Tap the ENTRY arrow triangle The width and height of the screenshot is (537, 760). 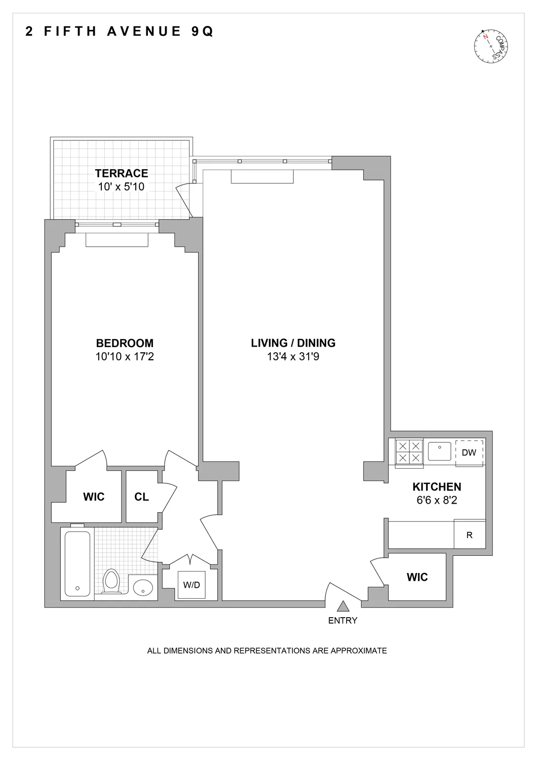[x=343, y=606]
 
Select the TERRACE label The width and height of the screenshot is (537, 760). [x=122, y=173]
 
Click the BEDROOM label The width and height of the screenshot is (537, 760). [x=125, y=343]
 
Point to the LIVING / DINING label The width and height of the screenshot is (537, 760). [x=293, y=343]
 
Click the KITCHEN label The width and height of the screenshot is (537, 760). [x=437, y=487]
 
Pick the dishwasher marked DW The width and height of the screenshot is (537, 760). [x=469, y=452]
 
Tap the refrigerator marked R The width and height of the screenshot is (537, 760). [x=470, y=535]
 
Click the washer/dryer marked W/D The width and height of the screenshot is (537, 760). [x=191, y=585]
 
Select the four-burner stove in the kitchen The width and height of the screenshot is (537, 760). [x=409, y=452]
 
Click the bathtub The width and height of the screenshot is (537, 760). [x=78, y=563]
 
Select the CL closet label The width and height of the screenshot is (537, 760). [x=142, y=497]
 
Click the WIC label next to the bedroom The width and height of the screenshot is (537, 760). [x=94, y=497]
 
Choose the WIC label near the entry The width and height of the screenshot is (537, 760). [x=417, y=577]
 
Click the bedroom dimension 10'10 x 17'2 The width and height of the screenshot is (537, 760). [x=125, y=357]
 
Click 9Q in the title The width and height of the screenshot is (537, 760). [x=201, y=31]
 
